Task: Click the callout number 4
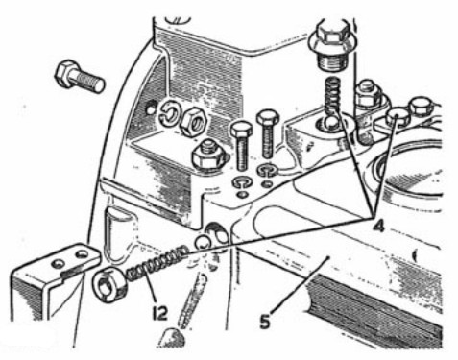coord(378,226)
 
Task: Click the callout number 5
coord(264,321)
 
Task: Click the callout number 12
coord(160,313)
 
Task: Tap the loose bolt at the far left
coord(80,78)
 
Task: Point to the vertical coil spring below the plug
coord(333,96)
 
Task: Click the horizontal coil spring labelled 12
coord(157,262)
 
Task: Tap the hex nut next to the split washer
coord(194,121)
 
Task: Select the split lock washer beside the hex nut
coord(171,114)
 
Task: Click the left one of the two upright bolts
coord(242,146)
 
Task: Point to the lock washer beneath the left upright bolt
coord(242,183)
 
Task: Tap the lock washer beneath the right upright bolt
coord(268,170)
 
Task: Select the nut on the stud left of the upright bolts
coord(208,156)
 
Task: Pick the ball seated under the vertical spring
coord(332,123)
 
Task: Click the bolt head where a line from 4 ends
coord(398,117)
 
